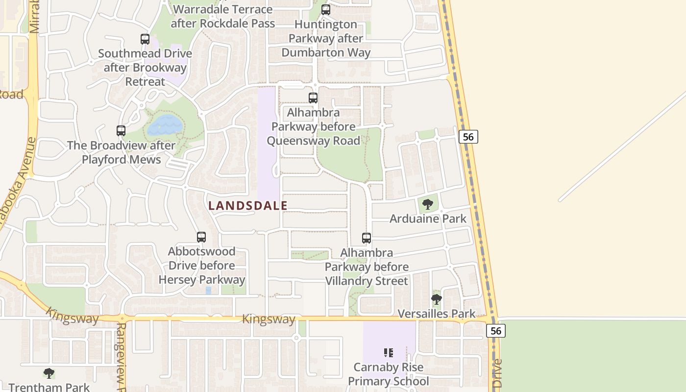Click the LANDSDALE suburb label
tap(247, 206)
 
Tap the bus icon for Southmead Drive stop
tap(145, 39)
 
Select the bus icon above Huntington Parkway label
tap(326, 10)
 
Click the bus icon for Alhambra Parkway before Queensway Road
tap(313, 98)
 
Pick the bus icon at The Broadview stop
tap(121, 131)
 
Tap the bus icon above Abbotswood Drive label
tap(201, 237)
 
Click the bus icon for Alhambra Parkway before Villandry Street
tap(367, 238)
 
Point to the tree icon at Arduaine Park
tap(428, 204)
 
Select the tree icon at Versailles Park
tap(436, 298)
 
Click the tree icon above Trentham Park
tap(49, 373)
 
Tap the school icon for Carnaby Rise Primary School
tap(389, 352)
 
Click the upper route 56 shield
tap(468, 137)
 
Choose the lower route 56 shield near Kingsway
tap(496, 331)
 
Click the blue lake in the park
tap(165, 125)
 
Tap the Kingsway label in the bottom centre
tap(269, 319)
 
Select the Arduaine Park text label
tap(428, 219)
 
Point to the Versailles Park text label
tap(436, 314)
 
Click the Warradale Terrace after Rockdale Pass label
tap(222, 16)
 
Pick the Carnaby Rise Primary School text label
tap(389, 374)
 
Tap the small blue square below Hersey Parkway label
tap(208, 291)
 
